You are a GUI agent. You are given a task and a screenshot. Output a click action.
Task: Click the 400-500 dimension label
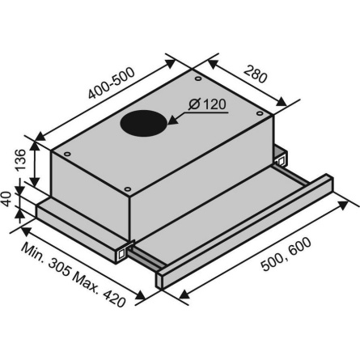(x=111, y=83)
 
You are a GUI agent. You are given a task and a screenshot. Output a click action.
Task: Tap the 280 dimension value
(x=255, y=74)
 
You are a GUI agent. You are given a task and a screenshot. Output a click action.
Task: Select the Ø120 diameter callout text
(x=207, y=104)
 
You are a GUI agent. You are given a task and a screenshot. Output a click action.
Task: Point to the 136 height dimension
(x=21, y=159)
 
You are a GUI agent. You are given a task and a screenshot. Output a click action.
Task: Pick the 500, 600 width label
(x=286, y=254)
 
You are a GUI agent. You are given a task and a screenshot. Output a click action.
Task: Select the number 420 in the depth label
(x=114, y=298)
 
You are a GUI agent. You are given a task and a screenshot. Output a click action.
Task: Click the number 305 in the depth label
(x=58, y=267)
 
